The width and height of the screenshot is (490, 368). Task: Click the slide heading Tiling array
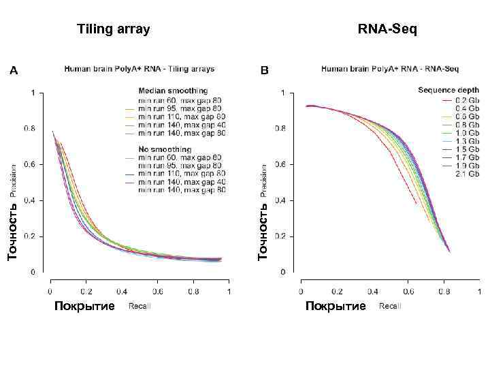[x=114, y=29]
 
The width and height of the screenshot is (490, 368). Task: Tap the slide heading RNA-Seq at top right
[x=388, y=29]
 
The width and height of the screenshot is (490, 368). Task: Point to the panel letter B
[x=265, y=70]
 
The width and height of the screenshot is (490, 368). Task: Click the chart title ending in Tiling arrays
[x=140, y=68]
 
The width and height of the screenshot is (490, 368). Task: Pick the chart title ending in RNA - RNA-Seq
[x=390, y=68]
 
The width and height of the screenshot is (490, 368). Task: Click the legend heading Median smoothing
[x=173, y=91]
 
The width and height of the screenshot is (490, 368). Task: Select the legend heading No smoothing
[x=165, y=149]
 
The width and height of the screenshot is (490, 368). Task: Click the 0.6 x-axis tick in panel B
[x=408, y=291]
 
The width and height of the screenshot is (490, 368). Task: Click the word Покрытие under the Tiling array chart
[x=84, y=306]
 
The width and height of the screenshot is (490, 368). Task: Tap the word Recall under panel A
[x=140, y=307]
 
